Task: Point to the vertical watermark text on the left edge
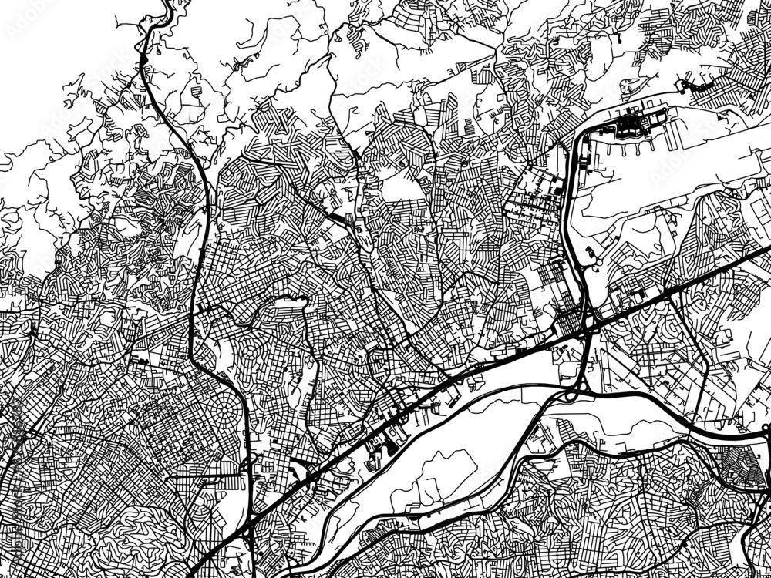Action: tap(9, 462)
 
